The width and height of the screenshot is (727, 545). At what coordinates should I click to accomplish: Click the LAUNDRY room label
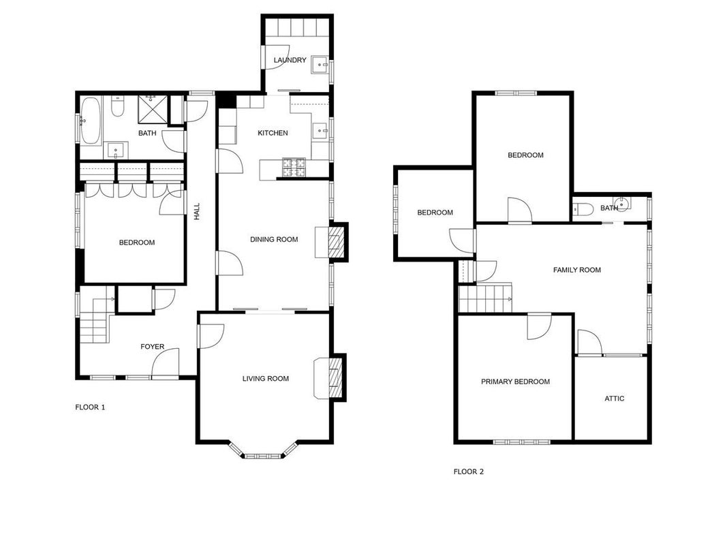[x=290, y=60]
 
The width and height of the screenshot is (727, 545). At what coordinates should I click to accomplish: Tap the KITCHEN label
[x=273, y=133]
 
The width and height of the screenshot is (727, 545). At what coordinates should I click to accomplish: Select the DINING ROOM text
[x=274, y=240]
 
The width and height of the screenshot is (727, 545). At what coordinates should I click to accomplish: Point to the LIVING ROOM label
[x=266, y=379]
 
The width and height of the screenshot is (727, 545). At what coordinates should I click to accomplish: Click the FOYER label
[x=152, y=347]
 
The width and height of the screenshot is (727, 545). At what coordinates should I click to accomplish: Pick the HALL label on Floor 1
[x=197, y=211]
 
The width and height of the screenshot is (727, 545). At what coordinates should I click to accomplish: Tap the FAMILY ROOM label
[x=577, y=270]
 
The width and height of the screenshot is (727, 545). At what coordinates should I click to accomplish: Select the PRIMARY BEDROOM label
[x=515, y=382]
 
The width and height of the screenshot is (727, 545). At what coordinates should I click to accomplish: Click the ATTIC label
[x=615, y=399]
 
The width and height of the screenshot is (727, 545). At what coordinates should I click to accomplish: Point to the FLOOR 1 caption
[x=90, y=407]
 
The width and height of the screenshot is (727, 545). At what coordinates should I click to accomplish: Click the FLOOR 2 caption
[x=468, y=472]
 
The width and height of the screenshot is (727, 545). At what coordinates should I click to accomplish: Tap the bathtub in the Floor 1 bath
[x=91, y=121]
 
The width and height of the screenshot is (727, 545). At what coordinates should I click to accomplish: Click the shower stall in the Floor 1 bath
[x=152, y=110]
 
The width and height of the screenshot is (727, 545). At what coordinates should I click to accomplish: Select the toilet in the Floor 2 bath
[x=583, y=209]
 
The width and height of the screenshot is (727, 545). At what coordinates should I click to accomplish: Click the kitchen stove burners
[x=294, y=168]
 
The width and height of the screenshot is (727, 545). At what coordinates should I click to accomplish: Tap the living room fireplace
[x=330, y=377]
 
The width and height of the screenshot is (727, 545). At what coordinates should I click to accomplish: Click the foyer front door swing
[x=165, y=364]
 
